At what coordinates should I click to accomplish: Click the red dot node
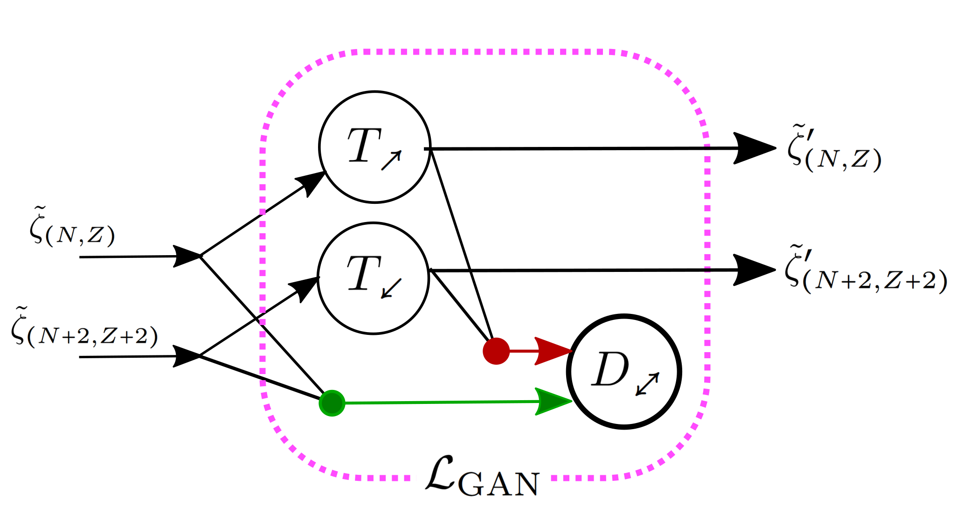coord(496,351)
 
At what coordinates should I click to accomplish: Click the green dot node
coord(332,403)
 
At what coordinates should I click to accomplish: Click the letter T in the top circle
coord(364,145)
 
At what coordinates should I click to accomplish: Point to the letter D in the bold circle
coord(610,369)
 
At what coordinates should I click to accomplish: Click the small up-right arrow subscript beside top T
coord(391,160)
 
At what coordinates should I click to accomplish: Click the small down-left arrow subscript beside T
coord(391,288)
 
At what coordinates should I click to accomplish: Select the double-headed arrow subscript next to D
coord(648,384)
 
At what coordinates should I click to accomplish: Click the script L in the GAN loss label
coord(440,474)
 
